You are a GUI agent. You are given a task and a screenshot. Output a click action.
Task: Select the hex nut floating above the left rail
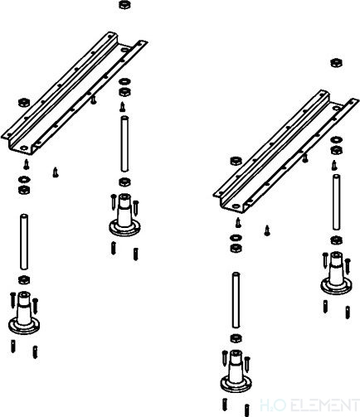[124, 5]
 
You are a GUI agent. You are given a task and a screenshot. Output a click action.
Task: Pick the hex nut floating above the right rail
[336, 63]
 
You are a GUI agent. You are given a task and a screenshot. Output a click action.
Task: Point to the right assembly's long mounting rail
[286, 151]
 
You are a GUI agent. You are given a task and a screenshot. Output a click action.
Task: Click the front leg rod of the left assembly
[24, 242]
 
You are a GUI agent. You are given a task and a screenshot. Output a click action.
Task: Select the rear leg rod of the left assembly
[124, 144]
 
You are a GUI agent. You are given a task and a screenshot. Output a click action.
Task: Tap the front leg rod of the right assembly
[236, 300]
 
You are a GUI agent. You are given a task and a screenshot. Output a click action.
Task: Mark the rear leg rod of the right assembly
[336, 202]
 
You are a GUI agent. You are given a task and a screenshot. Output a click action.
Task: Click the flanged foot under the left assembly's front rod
[24, 313]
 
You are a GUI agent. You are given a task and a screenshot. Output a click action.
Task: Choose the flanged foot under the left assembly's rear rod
[124, 216]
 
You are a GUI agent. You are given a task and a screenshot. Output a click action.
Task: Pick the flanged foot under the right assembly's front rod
[236, 372]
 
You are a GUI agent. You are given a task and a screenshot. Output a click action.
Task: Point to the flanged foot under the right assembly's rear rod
[336, 274]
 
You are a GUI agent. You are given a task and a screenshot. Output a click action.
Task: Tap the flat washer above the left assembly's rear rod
[124, 82]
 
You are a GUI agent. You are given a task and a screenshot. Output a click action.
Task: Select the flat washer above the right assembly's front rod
[236, 237]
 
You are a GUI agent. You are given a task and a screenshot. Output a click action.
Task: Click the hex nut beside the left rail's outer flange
[24, 103]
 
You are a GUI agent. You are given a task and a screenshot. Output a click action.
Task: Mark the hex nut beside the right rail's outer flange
[236, 161]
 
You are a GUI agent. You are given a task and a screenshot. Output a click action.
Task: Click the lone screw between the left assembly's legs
[56, 172]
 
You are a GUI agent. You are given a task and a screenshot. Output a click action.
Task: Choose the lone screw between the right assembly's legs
[267, 230]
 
